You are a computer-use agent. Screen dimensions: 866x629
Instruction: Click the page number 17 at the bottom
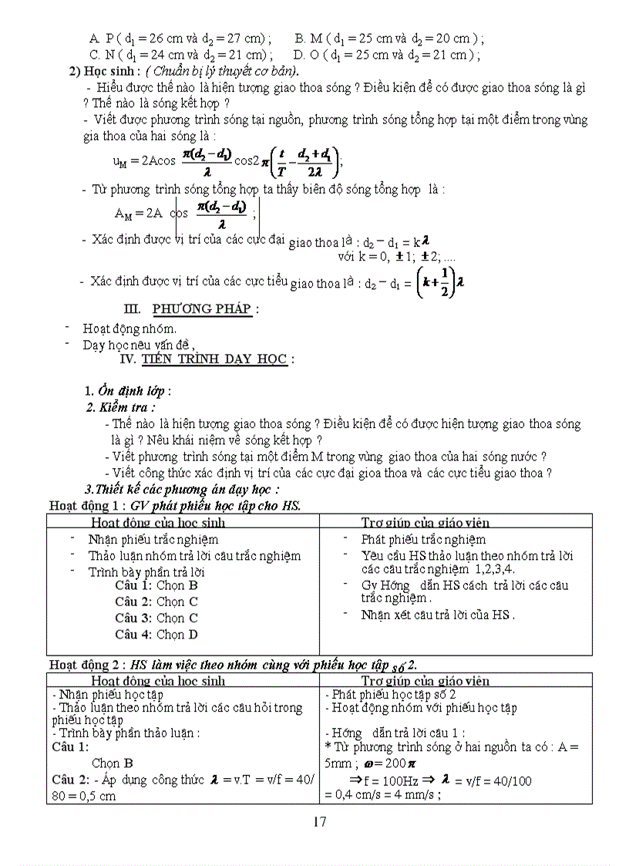click(x=320, y=821)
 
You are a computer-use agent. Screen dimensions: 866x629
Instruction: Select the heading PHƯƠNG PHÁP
click(x=202, y=309)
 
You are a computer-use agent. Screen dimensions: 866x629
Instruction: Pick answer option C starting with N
click(x=181, y=55)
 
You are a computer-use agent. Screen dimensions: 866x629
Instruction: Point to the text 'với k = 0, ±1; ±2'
click(x=396, y=256)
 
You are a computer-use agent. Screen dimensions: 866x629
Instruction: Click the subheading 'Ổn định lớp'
click(x=128, y=390)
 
